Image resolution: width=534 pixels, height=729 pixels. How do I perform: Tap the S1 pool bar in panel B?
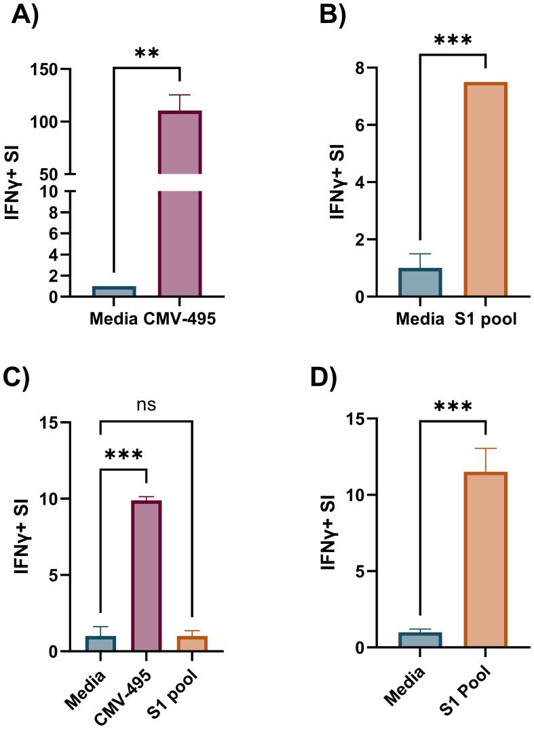click(486, 190)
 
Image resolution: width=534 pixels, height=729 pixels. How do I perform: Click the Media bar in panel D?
click(420, 640)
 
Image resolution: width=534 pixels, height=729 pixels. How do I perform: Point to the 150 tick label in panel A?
click(48, 69)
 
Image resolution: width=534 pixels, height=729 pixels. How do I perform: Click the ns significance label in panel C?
click(147, 405)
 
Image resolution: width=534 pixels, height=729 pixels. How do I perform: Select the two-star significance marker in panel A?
click(147, 54)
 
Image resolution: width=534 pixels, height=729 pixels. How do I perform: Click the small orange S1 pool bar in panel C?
click(193, 644)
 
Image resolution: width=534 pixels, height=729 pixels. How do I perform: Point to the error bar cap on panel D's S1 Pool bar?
click(486, 448)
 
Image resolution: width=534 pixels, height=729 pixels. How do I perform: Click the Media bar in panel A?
click(114, 292)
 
